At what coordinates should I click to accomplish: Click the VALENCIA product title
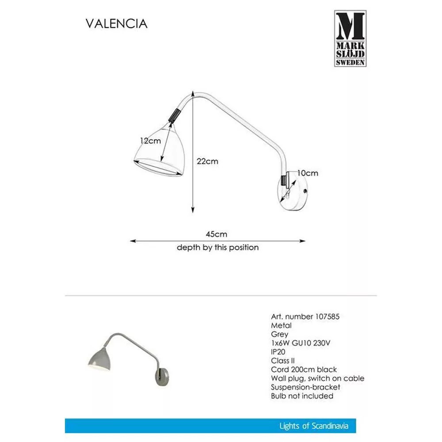(116, 23)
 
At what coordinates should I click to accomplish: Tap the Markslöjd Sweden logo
(350, 38)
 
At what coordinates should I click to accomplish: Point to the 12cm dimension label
(150, 141)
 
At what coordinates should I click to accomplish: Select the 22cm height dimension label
(207, 161)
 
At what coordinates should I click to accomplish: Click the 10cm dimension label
(307, 173)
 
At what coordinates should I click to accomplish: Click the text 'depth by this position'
(217, 248)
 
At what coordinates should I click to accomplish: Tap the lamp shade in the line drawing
(157, 152)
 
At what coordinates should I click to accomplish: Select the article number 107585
(327, 316)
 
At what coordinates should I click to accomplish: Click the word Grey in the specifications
(279, 334)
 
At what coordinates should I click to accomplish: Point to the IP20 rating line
(279, 352)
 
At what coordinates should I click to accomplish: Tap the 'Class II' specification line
(283, 361)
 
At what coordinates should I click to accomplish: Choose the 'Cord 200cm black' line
(304, 370)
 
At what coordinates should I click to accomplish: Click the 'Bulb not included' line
(302, 396)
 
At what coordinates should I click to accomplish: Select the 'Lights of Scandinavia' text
(314, 426)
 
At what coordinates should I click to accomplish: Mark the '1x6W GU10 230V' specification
(301, 343)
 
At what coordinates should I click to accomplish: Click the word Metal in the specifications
(281, 325)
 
